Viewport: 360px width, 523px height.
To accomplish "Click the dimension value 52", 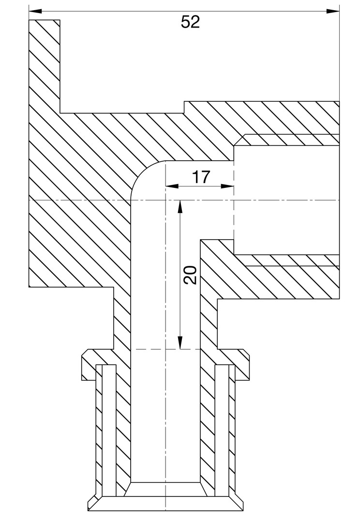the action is [x=190, y=22].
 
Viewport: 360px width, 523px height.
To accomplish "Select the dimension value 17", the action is [x=201, y=177].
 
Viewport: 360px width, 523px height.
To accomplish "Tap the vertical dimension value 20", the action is [x=190, y=275].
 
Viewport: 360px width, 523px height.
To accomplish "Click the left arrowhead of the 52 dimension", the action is [x=35, y=11].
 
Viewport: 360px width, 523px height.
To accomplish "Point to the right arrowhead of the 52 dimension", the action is [x=333, y=11].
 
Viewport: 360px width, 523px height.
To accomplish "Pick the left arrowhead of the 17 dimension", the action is [x=172, y=186].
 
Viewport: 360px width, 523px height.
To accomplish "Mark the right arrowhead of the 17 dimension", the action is [x=227, y=186].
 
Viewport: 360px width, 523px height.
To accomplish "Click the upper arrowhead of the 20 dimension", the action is [x=180, y=206].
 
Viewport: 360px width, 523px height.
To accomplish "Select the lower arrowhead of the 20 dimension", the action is [x=180, y=342].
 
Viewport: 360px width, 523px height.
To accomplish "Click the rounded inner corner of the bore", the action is [x=142, y=172].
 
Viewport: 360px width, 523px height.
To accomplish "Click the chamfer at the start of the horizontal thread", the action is [x=240, y=140].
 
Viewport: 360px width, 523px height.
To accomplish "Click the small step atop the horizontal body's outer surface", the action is [x=184, y=107].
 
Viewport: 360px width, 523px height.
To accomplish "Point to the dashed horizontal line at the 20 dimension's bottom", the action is [x=165, y=349].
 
